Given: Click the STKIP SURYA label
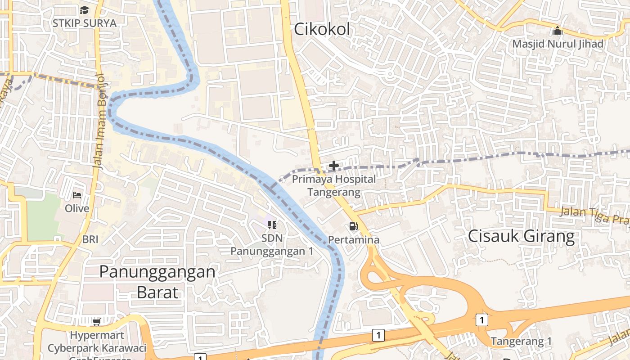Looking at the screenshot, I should pos(85,23).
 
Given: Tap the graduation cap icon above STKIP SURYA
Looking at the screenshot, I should pos(85,10).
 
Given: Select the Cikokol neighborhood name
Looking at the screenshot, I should pos(322,29).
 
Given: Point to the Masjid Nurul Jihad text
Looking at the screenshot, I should pos(558,44).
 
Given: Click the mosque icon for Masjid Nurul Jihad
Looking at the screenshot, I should pos(558,31).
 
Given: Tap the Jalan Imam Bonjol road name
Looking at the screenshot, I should pos(100,121).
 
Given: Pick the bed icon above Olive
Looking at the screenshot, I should pos(77,195).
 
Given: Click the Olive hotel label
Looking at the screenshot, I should pos(77,209).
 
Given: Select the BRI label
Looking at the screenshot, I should pos(90,239).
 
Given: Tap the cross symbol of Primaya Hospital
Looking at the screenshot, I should pos(334,166).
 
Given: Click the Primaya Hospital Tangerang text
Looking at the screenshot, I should pos(334,185).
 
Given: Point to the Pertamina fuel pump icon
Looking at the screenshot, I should pos(354,226).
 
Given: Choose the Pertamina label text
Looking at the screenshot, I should pos(354,240).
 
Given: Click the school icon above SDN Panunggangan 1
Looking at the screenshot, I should pos(272,225).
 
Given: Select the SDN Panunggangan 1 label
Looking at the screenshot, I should pos(272,244).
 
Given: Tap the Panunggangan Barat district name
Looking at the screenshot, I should pos(157,282).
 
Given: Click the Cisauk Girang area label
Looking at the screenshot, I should pos(522,236).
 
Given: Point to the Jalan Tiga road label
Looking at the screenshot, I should pos(594,215).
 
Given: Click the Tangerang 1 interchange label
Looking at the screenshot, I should pos(521,341).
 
